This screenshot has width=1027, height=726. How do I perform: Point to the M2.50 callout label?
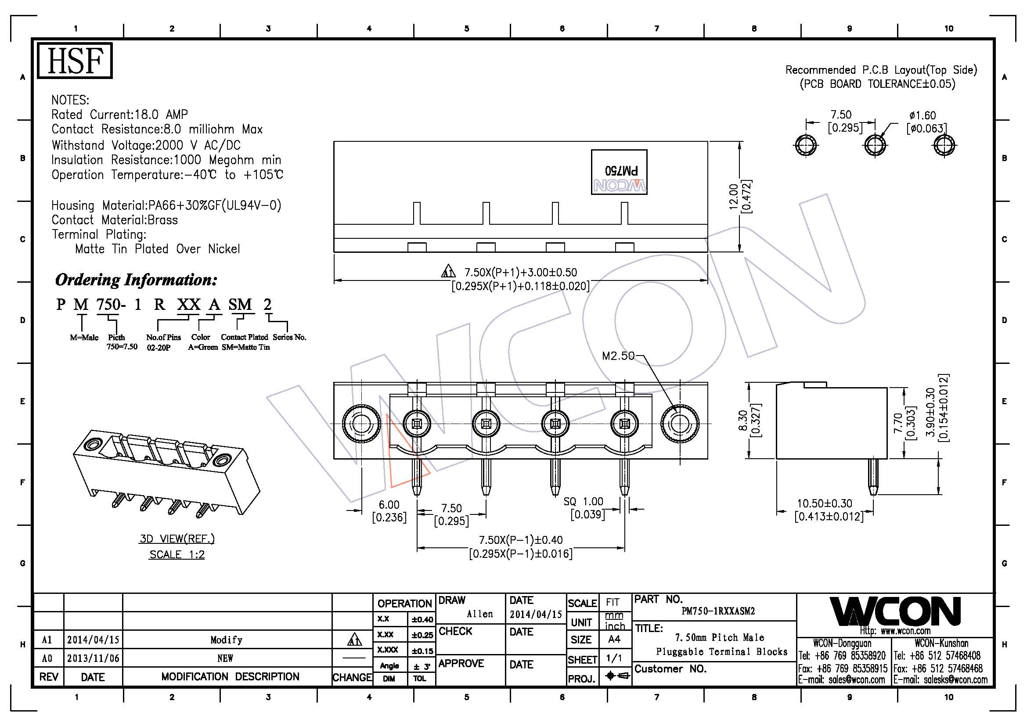point(618,356)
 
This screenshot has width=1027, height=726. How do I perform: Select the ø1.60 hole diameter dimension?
point(922,115)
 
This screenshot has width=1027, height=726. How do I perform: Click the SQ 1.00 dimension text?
point(583,502)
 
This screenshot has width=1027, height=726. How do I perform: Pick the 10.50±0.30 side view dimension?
point(825,503)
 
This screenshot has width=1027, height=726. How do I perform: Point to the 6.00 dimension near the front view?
point(389,505)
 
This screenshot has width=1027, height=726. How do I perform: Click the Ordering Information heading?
point(136,280)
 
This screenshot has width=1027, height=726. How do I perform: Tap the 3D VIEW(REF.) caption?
point(177,539)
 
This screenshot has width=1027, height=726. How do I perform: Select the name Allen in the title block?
point(479,614)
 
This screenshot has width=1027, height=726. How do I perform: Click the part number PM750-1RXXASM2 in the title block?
point(718,611)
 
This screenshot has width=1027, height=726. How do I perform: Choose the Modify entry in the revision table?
point(226,640)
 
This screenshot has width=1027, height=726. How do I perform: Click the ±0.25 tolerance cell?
point(422,635)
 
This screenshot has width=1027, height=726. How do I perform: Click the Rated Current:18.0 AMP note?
point(119,115)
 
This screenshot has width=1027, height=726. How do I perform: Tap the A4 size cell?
point(614,640)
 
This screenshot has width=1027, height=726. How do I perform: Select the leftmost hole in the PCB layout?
point(806,145)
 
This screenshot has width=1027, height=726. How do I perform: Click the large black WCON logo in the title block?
point(895,611)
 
